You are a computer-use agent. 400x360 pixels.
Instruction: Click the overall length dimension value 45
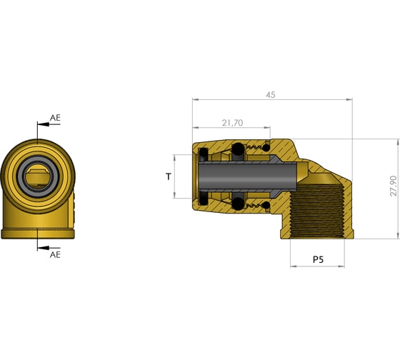(x=270, y=95)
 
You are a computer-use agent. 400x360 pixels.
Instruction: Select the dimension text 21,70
(x=231, y=123)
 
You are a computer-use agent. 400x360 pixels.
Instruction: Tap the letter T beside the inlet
(x=169, y=175)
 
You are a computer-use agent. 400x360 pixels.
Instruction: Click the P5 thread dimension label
(x=318, y=260)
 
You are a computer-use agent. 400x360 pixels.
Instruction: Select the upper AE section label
(x=56, y=117)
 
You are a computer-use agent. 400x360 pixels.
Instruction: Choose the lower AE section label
(x=56, y=254)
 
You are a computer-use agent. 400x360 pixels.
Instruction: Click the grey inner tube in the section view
(x=250, y=176)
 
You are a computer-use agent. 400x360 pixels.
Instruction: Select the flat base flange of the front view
(x=37, y=233)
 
